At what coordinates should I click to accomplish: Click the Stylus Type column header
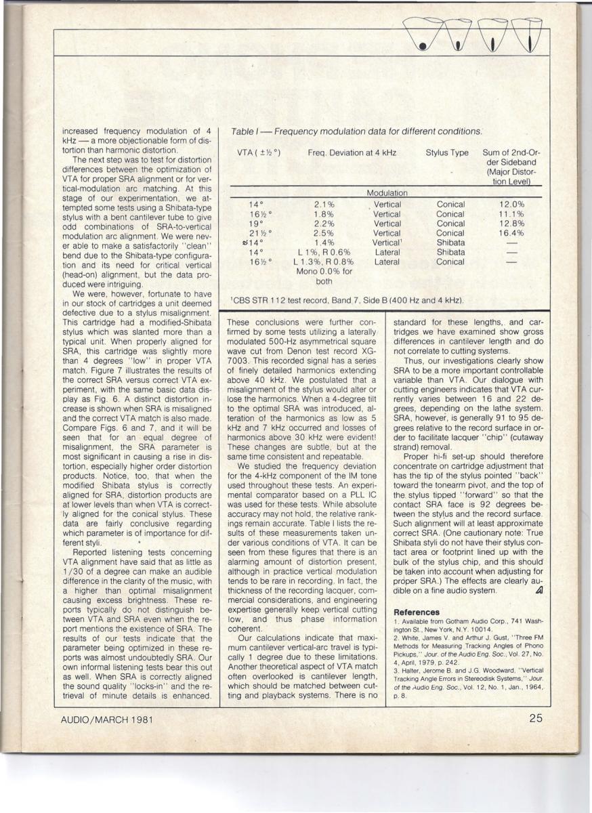pos(447,153)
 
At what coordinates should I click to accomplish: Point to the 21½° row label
pos(255,233)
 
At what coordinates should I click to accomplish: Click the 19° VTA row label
pos(255,224)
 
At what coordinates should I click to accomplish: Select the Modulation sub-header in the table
pos(387,193)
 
